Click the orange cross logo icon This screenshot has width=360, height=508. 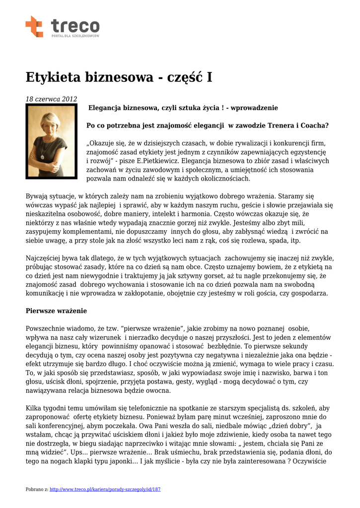tap(34, 26)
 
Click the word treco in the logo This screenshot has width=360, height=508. tap(75, 25)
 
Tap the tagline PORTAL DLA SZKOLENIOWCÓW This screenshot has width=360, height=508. tap(75, 36)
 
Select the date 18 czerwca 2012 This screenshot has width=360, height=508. tap(51, 99)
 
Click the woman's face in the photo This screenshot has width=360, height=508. tap(51, 125)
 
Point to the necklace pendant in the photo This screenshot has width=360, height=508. tap(43, 156)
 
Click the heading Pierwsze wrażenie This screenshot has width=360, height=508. tap(56, 311)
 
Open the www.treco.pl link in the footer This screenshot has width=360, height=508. tap(105, 489)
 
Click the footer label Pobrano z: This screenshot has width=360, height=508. tap(37, 489)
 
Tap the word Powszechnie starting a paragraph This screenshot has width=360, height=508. tap(48, 328)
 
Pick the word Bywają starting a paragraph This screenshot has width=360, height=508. tap(38, 196)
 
